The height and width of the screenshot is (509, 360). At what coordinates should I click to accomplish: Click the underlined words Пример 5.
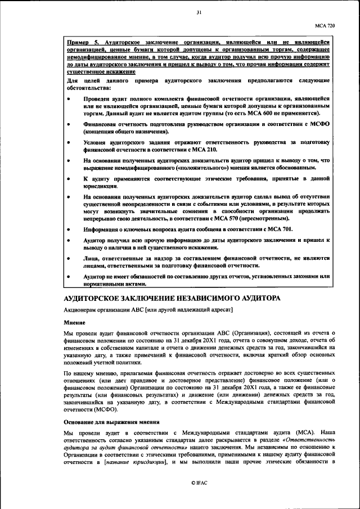coord(82,42)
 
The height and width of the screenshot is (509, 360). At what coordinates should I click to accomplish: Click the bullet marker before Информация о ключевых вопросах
coord(68,230)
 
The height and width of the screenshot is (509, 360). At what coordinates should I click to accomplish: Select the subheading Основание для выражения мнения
coord(110,422)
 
